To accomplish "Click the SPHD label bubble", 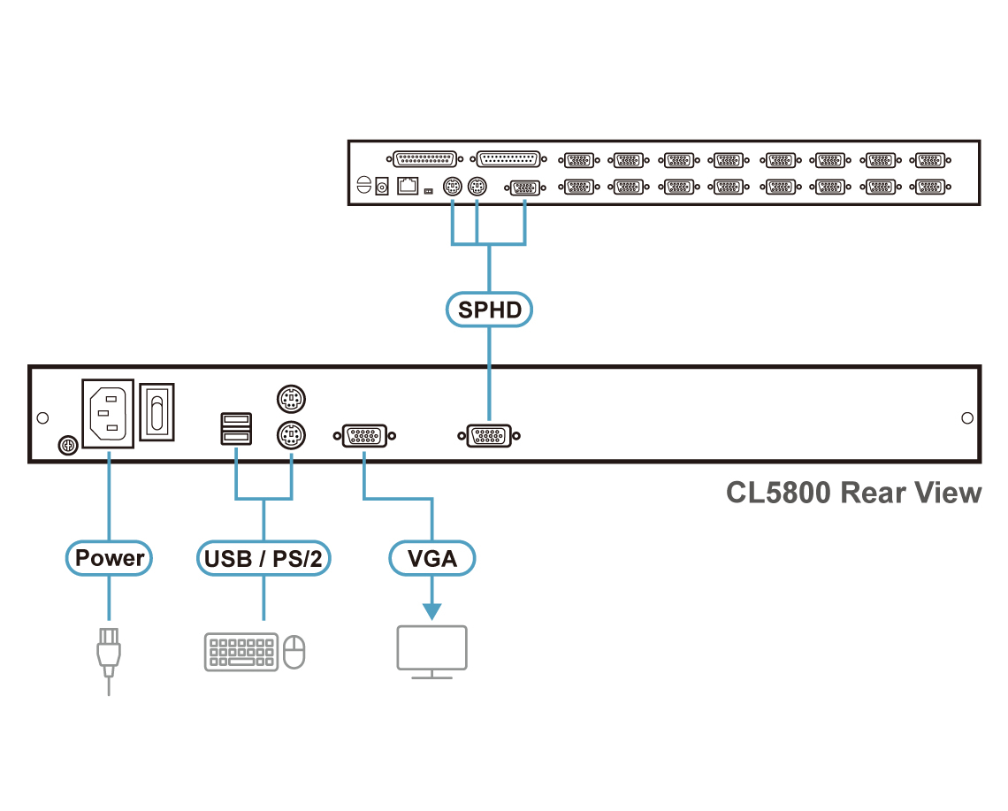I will (489, 310).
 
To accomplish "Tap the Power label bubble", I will (110, 558).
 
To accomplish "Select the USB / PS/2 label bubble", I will (263, 558).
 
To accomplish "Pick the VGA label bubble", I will (432, 558).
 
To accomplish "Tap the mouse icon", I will (295, 653).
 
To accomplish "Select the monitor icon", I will (431, 649).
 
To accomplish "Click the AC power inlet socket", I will (107, 411).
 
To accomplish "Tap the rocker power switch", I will (157, 410).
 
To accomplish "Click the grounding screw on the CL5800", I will (65, 447).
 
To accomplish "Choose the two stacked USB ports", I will (235, 428).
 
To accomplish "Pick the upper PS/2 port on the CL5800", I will (290, 401).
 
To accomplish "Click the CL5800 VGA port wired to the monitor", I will (364, 435).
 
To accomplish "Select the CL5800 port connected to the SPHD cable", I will (489, 435).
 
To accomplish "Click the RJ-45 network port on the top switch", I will (408, 186).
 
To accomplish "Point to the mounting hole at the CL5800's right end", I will (967, 417).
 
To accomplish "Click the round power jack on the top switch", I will (383, 186).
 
